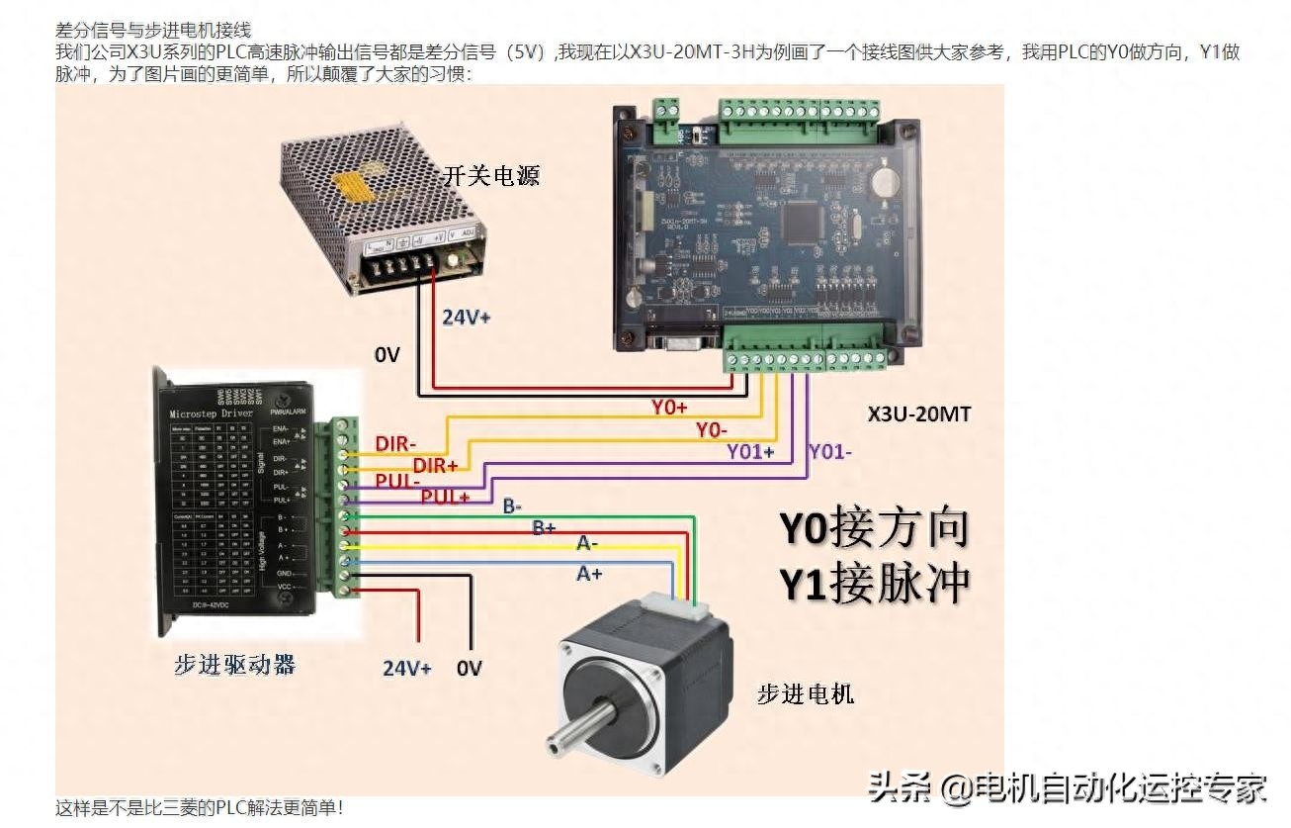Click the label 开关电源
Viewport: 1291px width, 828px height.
[491, 177]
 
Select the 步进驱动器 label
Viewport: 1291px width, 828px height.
[235, 665]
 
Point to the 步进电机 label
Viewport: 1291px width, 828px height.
[805, 694]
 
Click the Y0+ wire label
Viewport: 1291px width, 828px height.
[669, 407]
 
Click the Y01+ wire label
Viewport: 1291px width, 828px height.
[751, 452]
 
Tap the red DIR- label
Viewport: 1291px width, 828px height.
[395, 444]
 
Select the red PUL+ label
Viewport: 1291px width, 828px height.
[445, 497]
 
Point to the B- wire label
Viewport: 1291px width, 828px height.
[512, 506]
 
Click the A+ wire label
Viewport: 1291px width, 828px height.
[589, 573]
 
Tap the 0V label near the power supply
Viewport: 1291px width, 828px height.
[387, 354]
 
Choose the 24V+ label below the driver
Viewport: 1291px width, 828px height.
[407, 669]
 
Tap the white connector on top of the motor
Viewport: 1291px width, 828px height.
[671, 603]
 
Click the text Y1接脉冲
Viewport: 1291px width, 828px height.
[875, 584]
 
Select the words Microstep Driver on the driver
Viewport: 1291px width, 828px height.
[212, 413]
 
